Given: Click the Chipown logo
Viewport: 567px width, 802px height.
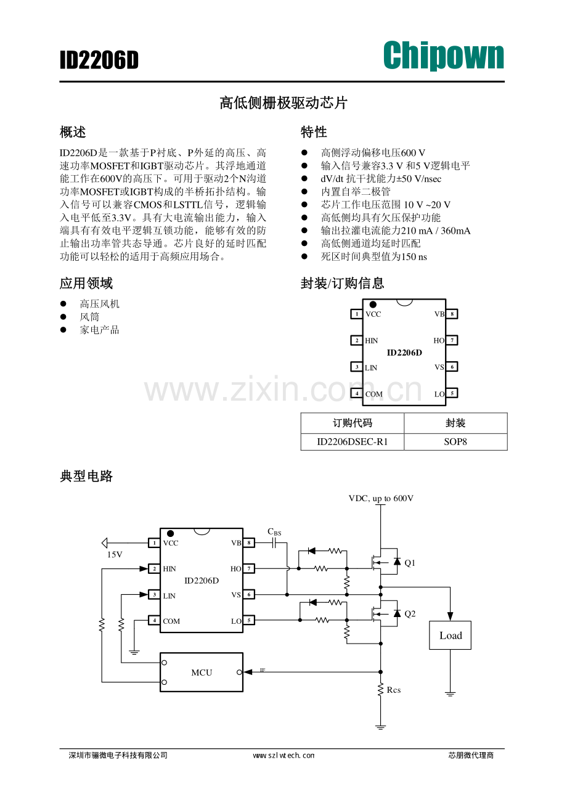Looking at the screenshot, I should click(443, 57).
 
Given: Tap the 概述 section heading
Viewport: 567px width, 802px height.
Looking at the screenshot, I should click(73, 132).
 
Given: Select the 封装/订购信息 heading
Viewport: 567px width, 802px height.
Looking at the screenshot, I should click(342, 284).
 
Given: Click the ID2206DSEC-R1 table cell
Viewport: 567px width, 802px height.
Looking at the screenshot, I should click(352, 442).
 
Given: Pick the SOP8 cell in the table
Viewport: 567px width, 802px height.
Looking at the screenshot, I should click(455, 442).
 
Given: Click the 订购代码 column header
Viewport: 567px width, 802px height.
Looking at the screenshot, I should click(352, 423).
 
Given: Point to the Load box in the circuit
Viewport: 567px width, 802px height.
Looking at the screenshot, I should click(450, 635).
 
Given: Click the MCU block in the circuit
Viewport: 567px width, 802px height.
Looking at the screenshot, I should click(202, 672).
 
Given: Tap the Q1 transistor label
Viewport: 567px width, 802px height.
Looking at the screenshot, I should click(410, 563).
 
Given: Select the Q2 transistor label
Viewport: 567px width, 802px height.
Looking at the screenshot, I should click(410, 614).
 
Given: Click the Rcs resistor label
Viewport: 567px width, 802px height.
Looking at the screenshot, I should click(394, 690).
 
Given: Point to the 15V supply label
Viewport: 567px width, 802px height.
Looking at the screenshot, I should click(115, 555).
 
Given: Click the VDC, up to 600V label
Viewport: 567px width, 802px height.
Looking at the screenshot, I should click(381, 498).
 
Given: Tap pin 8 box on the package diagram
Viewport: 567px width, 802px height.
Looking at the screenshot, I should click(452, 314).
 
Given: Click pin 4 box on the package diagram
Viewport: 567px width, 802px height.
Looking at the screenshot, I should click(356, 393).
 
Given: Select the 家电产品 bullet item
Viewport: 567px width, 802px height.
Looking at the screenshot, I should click(99, 330).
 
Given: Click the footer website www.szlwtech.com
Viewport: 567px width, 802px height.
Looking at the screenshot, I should click(283, 755).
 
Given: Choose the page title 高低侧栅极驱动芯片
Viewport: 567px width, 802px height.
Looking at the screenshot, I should click(283, 103).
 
